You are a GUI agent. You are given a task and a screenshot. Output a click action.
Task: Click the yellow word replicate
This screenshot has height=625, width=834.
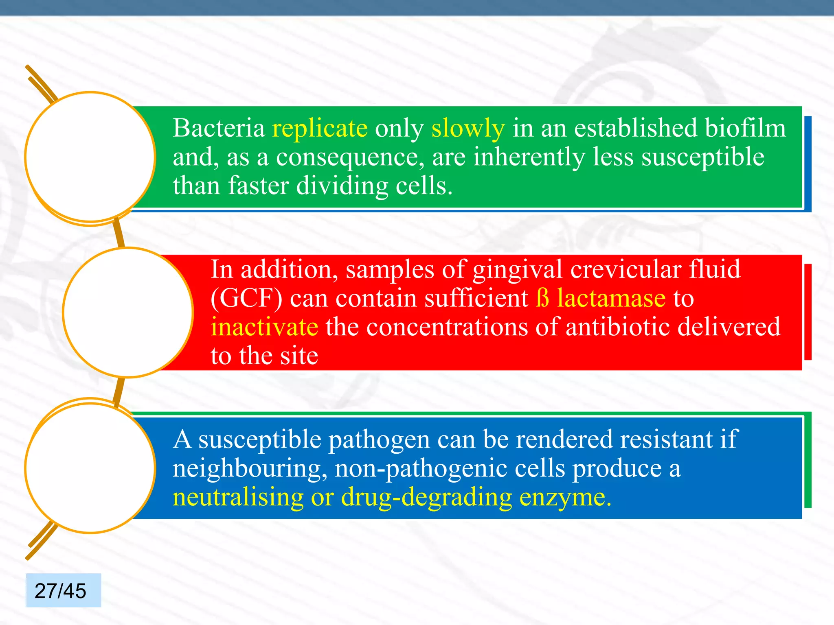click(320, 129)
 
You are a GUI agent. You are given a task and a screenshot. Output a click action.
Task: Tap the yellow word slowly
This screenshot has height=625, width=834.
click(468, 129)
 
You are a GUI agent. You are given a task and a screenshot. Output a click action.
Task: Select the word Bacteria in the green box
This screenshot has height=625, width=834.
click(219, 129)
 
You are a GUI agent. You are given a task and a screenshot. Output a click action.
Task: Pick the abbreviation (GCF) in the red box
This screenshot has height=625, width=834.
click(246, 298)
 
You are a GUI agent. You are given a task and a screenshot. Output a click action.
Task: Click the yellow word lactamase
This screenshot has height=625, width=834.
click(611, 298)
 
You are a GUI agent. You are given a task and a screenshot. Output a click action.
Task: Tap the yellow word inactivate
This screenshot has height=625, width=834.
click(264, 327)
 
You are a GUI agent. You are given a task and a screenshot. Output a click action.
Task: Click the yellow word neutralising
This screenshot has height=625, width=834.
click(238, 497)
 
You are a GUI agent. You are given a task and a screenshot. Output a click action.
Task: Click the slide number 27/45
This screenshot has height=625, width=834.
click(61, 591)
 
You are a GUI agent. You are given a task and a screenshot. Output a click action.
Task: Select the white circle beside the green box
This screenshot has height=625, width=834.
click(90, 157)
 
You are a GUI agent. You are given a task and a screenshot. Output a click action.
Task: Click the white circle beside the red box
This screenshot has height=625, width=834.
click(128, 312)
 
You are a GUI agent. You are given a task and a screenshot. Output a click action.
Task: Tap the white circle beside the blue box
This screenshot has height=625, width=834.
click(90, 468)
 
